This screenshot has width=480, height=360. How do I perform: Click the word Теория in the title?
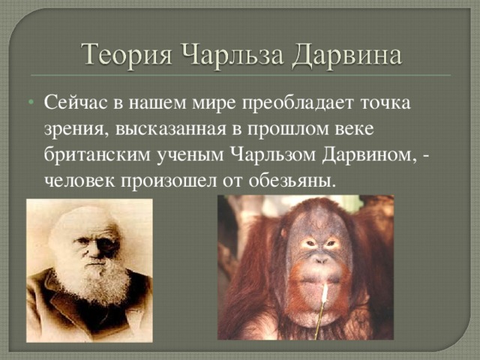127,55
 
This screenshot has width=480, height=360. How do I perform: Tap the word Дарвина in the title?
346,55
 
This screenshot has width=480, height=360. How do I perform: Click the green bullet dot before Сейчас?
31,102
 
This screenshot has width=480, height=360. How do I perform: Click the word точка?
385,103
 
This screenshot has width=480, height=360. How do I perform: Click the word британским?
97,154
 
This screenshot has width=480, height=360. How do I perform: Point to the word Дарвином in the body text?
370,155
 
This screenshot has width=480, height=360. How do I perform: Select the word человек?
79,181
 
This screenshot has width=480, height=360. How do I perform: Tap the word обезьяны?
290,181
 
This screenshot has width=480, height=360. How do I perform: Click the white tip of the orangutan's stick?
325,293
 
